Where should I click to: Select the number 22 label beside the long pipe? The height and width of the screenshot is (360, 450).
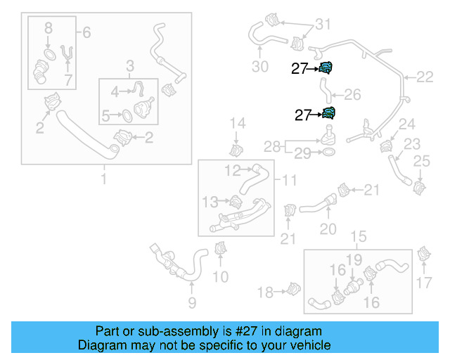click(425, 77)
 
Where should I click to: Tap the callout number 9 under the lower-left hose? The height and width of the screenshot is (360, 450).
click(191, 303)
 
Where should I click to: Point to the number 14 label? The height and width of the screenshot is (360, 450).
click(237, 124)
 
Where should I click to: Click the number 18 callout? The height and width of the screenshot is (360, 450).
click(265, 292)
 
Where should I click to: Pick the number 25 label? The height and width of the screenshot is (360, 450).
click(420, 162)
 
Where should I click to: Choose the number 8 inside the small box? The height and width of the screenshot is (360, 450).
click(48, 28)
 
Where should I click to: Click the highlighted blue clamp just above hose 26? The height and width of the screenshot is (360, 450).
click(326, 67)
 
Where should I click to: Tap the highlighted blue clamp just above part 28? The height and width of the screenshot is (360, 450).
click(328, 114)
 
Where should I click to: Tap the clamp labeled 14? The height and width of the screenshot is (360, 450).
click(237, 149)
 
